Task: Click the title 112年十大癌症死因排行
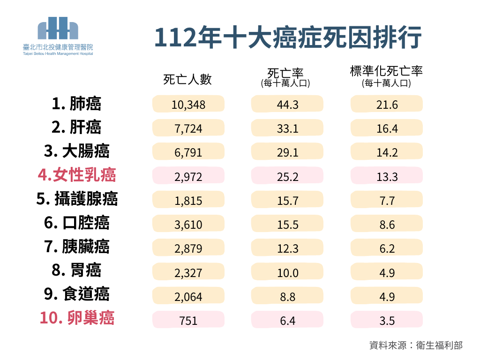pos(288,38)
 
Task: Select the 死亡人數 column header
pos(187,79)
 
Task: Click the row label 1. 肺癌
pos(76,104)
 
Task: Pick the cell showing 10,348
pos(188,104)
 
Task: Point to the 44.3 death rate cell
pos(287,104)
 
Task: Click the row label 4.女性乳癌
pos(76,175)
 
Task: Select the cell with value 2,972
pos(188,176)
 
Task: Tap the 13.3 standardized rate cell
pos(387,176)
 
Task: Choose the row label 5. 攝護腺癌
pos(76,199)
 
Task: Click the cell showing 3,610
pos(188,225)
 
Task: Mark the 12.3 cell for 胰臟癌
pos(287,248)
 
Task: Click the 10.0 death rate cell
pos(287,272)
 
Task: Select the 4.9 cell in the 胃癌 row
pos(387,272)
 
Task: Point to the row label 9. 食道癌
pos(76,294)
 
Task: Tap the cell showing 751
pos(188,321)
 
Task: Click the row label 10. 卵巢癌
pos(76,318)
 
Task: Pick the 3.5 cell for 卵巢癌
pos(387,321)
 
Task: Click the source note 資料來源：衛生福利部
pos(416,345)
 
